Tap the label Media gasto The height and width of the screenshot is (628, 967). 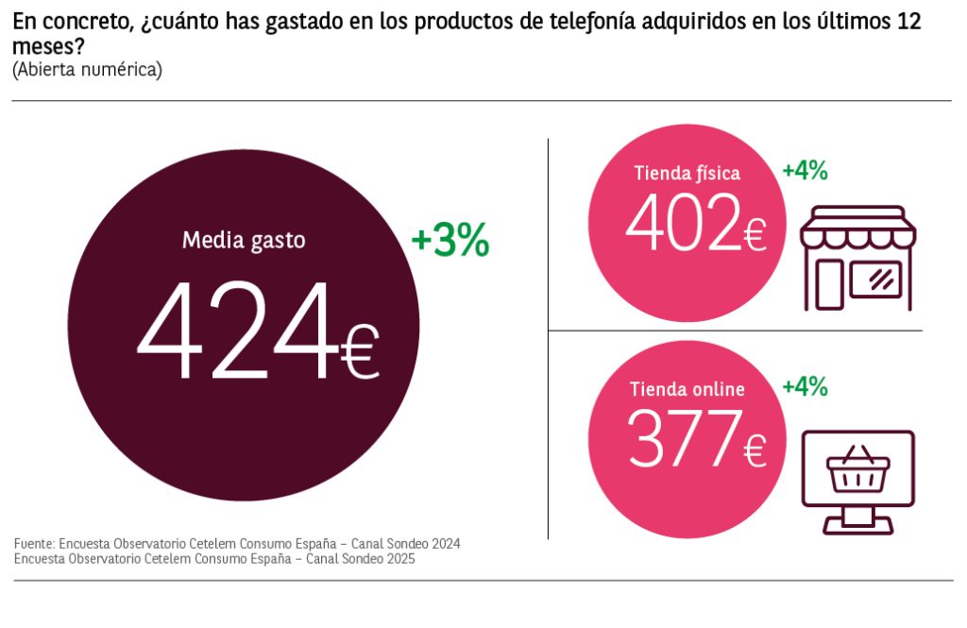click(x=244, y=241)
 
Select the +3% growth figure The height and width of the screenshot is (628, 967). click(x=450, y=242)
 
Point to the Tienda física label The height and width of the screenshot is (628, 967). click(x=687, y=173)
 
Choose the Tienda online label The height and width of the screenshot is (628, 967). click(x=687, y=389)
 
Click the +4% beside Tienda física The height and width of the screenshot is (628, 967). click(x=805, y=171)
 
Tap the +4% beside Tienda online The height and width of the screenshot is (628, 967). click(x=805, y=386)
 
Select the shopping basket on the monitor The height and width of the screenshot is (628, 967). click(x=857, y=469)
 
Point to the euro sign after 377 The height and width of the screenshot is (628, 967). click(x=755, y=451)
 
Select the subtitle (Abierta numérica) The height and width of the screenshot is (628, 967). click(x=88, y=69)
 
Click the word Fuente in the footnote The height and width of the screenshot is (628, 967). click(x=34, y=544)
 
